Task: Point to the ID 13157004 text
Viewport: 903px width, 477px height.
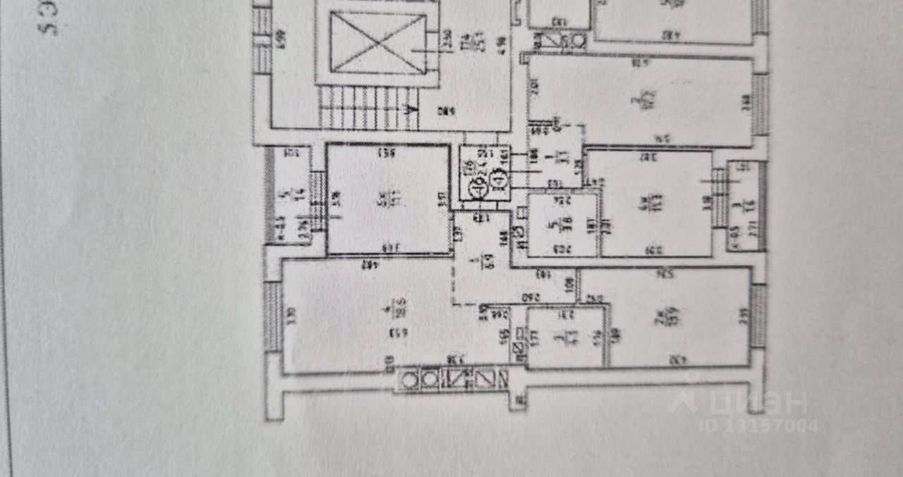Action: pyautogui.click(x=758, y=426)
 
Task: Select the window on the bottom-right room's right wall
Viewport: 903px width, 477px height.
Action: pyautogui.click(x=758, y=315)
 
